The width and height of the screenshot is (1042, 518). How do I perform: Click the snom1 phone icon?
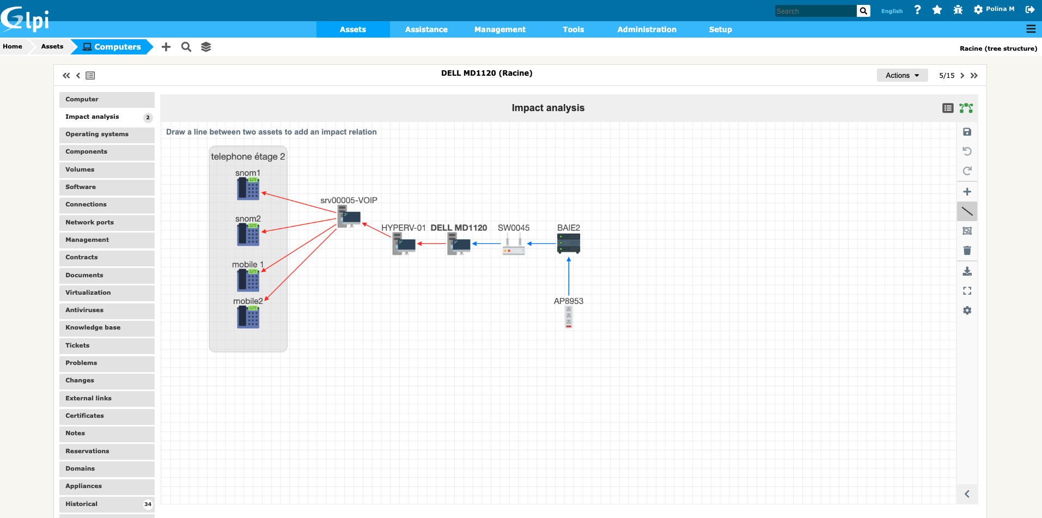[248, 189]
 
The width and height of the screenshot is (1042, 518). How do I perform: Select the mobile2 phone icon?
[248, 317]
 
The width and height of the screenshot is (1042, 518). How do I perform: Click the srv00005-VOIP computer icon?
[349, 216]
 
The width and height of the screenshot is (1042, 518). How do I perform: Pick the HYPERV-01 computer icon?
[404, 244]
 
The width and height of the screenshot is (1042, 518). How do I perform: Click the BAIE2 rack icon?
[569, 243]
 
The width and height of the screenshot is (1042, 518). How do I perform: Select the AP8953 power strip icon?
[569, 317]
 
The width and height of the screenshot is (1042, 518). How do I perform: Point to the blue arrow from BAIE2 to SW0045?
[541, 243]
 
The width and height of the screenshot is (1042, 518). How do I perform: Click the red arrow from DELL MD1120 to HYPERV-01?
[431, 243]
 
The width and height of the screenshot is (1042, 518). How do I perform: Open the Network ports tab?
[90, 222]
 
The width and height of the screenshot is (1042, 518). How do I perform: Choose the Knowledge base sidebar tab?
[93, 327]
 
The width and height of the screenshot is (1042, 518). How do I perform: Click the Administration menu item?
[647, 29]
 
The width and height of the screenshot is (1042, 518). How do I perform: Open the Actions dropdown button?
[902, 75]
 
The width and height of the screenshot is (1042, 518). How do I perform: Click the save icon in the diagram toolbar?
[967, 132]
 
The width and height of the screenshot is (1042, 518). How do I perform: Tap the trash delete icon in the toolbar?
[967, 251]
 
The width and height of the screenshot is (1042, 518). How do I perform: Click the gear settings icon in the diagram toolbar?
[967, 310]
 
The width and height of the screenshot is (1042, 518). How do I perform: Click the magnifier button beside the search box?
[863, 11]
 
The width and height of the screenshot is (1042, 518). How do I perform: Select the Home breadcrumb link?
[13, 47]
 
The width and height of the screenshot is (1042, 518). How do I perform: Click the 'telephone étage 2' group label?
[248, 157]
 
